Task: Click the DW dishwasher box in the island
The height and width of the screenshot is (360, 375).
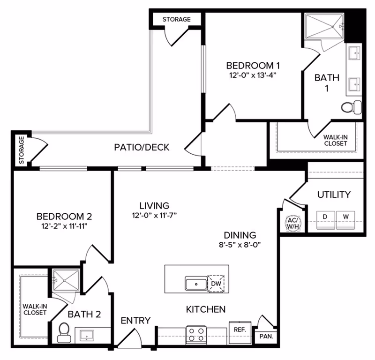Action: click(216, 283)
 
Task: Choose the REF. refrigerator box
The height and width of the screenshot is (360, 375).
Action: click(240, 330)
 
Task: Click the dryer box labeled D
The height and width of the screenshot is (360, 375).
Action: click(324, 217)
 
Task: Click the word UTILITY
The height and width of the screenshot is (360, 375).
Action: click(334, 194)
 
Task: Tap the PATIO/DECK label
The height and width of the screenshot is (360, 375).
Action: click(142, 148)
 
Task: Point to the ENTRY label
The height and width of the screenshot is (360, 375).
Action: click(135, 321)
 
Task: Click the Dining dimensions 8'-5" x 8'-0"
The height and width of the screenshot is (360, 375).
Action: click(240, 244)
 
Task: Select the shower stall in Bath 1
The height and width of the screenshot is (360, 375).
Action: click(323, 27)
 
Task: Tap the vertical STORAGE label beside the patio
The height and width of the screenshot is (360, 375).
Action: click(22, 150)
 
